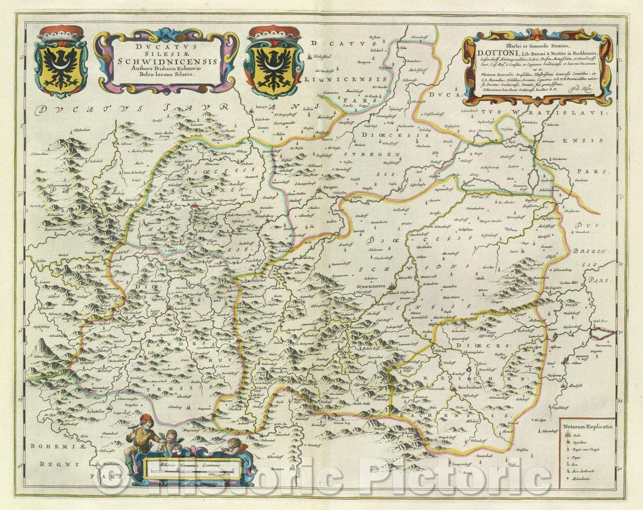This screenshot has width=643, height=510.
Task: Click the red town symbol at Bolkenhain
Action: pyautogui.click(x=193, y=206)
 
